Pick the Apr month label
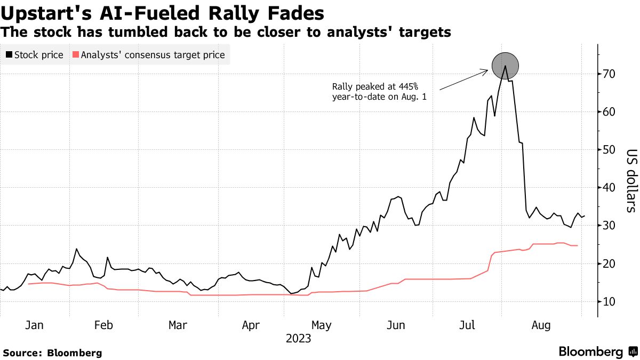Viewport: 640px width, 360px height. click(250, 325)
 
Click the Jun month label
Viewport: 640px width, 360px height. click(395, 325)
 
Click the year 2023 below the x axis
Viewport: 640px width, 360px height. click(298, 338)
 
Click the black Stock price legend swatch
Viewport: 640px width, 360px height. click(9, 55)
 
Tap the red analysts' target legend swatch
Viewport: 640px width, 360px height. click(75, 55)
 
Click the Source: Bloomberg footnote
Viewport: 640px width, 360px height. click(52, 353)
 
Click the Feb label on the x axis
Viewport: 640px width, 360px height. click(104, 325)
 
